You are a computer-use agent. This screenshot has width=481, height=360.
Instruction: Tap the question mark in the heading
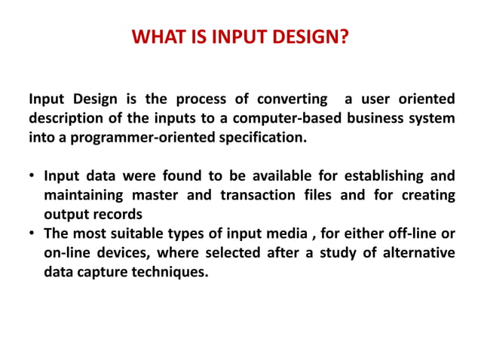tap(345, 36)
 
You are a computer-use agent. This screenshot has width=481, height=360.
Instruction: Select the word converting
tap(292, 99)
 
